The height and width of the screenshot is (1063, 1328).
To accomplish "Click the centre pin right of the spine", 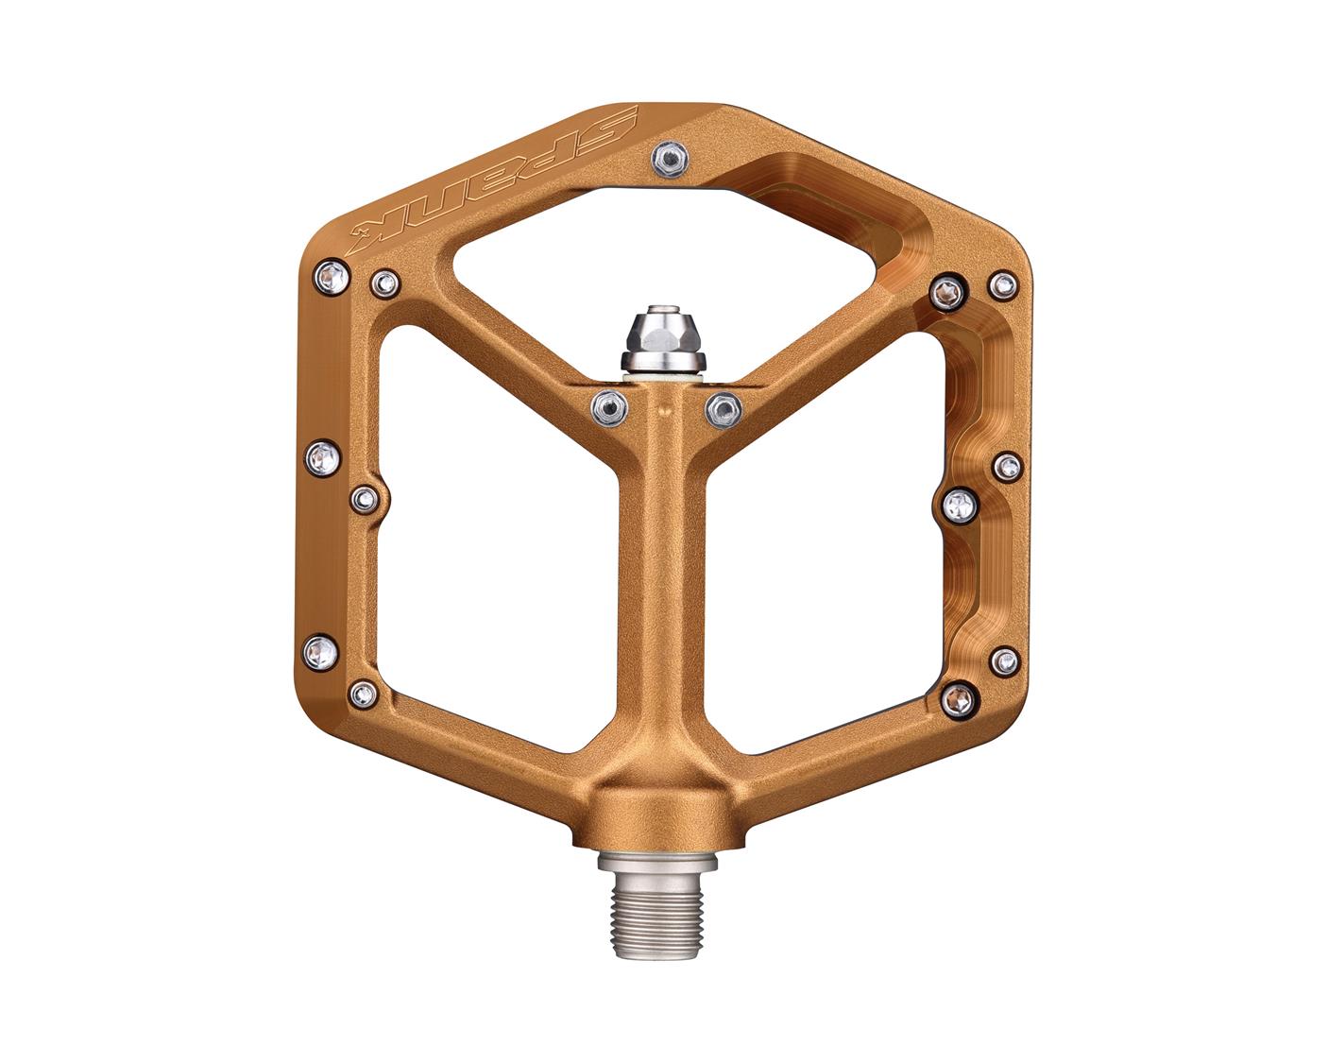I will [x=723, y=406].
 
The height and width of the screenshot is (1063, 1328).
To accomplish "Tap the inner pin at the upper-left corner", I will [x=385, y=281].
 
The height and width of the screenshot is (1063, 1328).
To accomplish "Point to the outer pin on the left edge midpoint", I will [x=321, y=458].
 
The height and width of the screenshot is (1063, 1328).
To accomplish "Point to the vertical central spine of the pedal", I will [x=665, y=586].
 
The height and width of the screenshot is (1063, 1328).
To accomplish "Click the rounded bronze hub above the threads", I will [x=664, y=817].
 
